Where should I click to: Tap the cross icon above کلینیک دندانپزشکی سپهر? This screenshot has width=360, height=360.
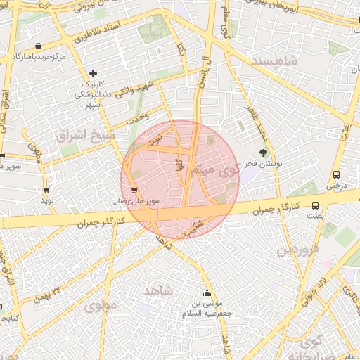pyautogui.click(x=93, y=72)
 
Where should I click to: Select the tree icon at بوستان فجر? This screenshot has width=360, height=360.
pyautogui.click(x=264, y=153)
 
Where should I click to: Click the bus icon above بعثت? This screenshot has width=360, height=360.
pyautogui.click(x=314, y=205)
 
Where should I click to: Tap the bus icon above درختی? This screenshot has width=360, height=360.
pyautogui.click(x=336, y=175)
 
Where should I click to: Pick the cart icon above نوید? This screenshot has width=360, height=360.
pyautogui.click(x=46, y=189)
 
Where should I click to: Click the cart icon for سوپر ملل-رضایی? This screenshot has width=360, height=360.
pyautogui.click(x=134, y=189)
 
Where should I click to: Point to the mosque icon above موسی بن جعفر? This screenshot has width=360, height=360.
pyautogui.click(x=206, y=293)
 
